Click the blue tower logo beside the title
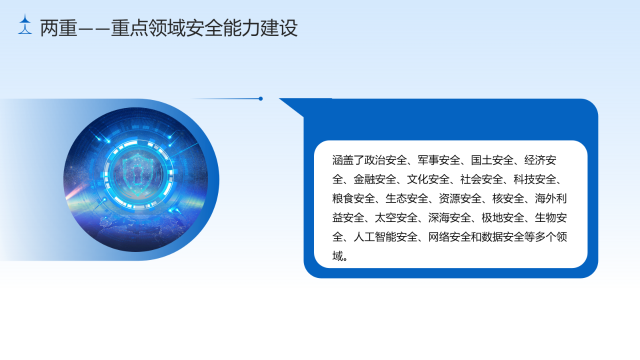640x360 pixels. pyautogui.click(x=25, y=24)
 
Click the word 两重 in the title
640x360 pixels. pyautogui.click(x=59, y=28)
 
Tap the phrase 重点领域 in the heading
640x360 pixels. pyautogui.click(x=148, y=28)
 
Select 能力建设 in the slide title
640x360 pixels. pyautogui.click(x=260, y=28)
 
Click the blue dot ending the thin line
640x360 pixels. pyautogui.click(x=260, y=98)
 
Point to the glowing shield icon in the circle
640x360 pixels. pyautogui.click(x=137, y=174)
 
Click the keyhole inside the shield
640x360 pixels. pyautogui.click(x=137, y=175)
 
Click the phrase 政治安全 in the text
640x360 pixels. pyautogui.click(x=385, y=160)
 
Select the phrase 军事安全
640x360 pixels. pyautogui.click(x=439, y=160)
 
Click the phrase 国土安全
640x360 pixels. pyautogui.click(x=492, y=160)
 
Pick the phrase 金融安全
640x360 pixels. pyautogui.click(x=375, y=179)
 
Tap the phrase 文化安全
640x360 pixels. pyautogui.click(x=428, y=179)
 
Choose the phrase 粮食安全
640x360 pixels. pyautogui.click(x=353, y=198)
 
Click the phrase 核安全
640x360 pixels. pyautogui.click(x=508, y=198)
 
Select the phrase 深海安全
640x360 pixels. pyautogui.click(x=449, y=217)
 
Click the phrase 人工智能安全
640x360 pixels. pyautogui.click(x=385, y=237)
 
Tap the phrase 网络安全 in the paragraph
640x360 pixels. pyautogui.click(x=449, y=237)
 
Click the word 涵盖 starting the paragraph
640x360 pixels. pyautogui.click(x=343, y=160)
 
